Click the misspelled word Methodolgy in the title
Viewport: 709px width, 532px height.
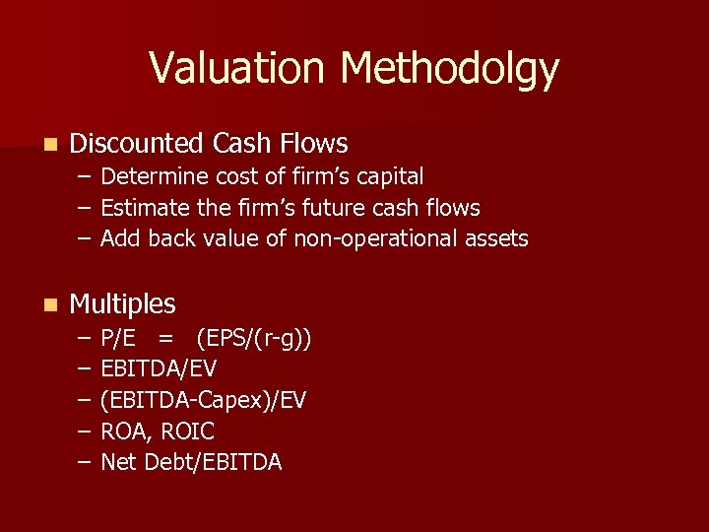click(x=450, y=69)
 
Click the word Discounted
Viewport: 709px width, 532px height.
click(x=138, y=144)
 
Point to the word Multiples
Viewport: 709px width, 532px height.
click(x=122, y=303)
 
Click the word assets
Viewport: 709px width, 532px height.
click(x=496, y=238)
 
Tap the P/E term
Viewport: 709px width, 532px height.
click(x=118, y=339)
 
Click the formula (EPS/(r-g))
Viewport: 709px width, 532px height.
click(x=254, y=340)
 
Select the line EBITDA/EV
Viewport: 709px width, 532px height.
click(x=159, y=369)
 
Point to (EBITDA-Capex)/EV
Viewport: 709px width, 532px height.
click(x=204, y=400)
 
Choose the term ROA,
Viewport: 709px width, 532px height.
click(x=124, y=432)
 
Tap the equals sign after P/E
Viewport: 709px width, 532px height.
click(x=165, y=340)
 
